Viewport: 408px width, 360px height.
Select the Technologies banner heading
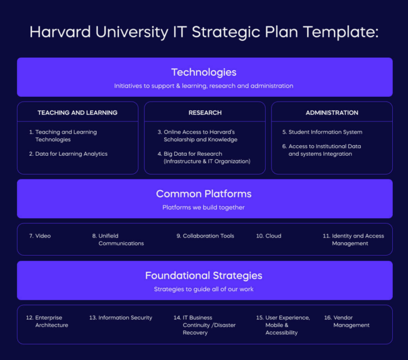[203, 72]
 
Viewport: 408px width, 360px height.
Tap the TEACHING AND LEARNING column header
[78, 113]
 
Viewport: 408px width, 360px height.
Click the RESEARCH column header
[205, 113]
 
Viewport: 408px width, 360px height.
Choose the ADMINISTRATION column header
[332, 113]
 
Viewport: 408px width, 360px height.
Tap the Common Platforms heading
[203, 194]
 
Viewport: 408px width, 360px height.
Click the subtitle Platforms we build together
[203, 208]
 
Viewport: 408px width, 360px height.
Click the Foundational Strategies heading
[203, 275]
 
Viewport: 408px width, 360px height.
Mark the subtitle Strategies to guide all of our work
[203, 289]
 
